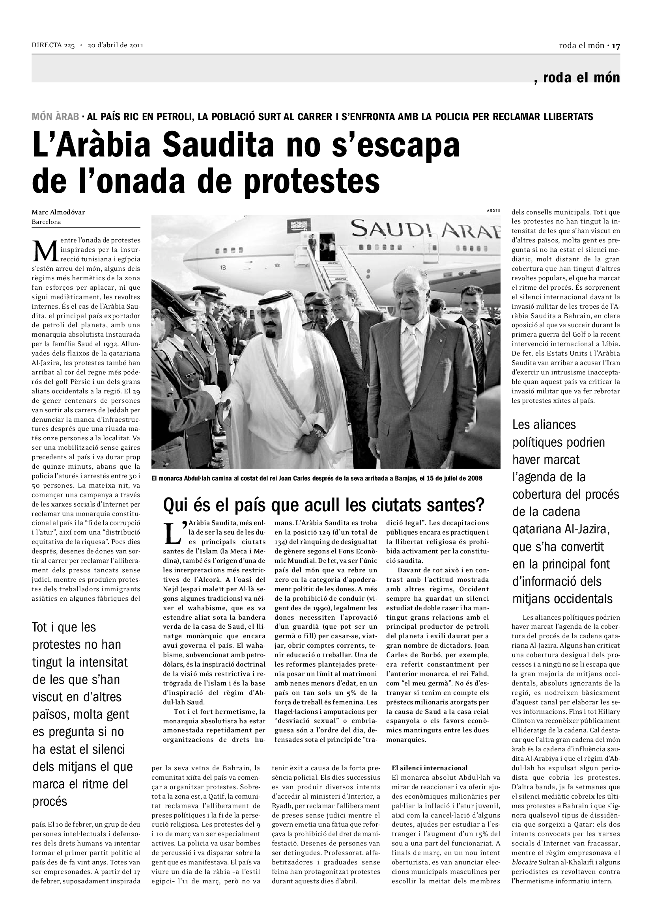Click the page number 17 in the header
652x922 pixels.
[616, 46]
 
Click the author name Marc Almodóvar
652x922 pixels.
[58, 212]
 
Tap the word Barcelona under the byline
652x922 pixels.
[47, 222]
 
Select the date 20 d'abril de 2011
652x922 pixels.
[116, 45]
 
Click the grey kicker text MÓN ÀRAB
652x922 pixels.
[56, 117]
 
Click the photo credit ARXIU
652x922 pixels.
[493, 210]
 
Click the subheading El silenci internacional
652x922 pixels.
[430, 767]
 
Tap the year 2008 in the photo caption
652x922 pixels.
[475, 478]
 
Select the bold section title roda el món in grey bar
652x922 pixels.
[581, 78]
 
